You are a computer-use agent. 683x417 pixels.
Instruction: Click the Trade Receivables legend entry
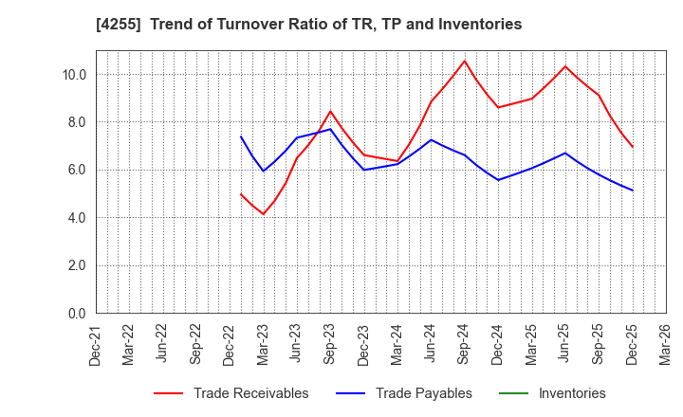click(x=250, y=393)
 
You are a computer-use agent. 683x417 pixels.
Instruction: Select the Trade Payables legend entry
click(x=423, y=393)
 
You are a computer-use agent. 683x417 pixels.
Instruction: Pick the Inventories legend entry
click(x=571, y=393)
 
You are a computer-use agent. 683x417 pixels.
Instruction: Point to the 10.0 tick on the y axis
click(x=74, y=75)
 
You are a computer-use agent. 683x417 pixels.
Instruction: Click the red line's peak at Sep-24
click(x=464, y=61)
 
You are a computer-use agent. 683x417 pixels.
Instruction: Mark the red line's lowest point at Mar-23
click(x=263, y=214)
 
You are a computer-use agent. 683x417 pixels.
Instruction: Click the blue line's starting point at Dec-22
click(x=241, y=136)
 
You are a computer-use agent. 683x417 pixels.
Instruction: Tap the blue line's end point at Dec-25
click(x=632, y=190)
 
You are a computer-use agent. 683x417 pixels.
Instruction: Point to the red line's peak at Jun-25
click(x=564, y=66)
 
